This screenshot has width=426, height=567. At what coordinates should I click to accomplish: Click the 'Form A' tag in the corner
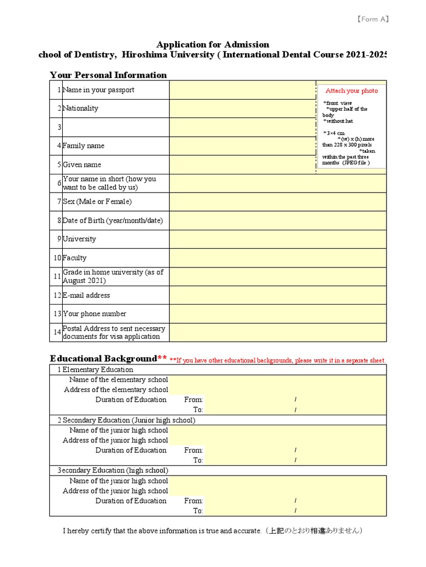[372, 19]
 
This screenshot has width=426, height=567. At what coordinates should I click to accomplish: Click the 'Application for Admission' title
[212, 44]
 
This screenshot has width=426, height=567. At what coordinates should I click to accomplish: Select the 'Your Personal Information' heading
[108, 75]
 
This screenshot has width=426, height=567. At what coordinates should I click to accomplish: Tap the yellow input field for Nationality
[242, 109]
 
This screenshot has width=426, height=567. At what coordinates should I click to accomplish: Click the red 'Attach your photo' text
[352, 91]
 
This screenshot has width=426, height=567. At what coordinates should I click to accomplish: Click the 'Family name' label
[83, 146]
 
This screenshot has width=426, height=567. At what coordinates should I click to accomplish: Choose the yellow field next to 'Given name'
[242, 164]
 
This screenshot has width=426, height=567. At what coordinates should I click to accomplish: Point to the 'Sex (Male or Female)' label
[97, 202]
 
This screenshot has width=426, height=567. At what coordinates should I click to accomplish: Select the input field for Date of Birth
[277, 220]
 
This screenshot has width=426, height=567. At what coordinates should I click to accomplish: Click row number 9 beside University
[58, 239]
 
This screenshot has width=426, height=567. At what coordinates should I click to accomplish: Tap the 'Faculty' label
[74, 258]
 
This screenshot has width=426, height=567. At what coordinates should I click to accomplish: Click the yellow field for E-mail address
[277, 295]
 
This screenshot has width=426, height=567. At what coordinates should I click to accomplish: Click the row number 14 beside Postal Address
[57, 332]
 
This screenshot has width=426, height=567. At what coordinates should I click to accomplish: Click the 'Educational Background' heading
[104, 358]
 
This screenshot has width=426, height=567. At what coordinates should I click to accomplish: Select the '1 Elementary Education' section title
[95, 369]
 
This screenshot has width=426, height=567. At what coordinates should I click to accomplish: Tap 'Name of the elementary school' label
[118, 380]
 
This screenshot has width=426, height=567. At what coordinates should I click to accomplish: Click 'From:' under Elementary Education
[194, 400]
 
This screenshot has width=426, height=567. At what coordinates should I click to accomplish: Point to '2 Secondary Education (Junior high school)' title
[126, 420]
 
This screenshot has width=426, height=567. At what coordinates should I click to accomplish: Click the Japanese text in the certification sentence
[313, 531]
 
